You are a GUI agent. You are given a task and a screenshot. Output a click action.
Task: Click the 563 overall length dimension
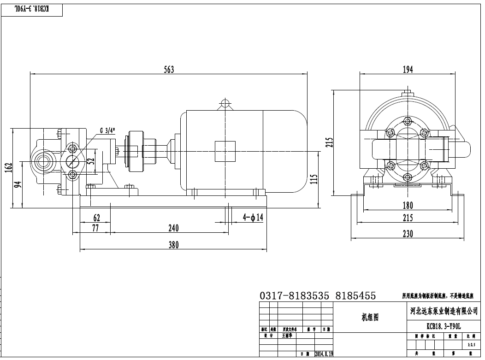tap(169, 70)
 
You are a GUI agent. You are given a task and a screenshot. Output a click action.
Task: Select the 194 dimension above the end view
tap(408, 69)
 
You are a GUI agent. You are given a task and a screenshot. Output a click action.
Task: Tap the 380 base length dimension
tap(173, 245)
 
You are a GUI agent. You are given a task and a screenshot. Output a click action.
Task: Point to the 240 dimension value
tap(173, 228)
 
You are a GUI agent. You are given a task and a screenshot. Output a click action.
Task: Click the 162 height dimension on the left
tap(8, 169)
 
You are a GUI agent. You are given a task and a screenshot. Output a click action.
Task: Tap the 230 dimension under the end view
tap(408, 234)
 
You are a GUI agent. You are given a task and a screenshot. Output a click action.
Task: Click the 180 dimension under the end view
tap(408, 205)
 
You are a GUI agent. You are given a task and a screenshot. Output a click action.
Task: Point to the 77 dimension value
tap(95, 228)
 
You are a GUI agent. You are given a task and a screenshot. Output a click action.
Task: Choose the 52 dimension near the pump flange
tap(91, 161)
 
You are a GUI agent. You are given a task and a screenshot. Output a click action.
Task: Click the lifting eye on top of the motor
tap(225, 102)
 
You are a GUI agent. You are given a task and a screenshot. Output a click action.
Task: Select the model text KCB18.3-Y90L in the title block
tap(443, 326)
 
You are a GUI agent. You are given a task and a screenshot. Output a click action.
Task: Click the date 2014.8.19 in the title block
tap(324, 354)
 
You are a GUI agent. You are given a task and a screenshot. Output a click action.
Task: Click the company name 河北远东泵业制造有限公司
tap(444, 311)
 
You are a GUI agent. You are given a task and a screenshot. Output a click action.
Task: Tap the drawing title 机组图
tap(370, 318)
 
